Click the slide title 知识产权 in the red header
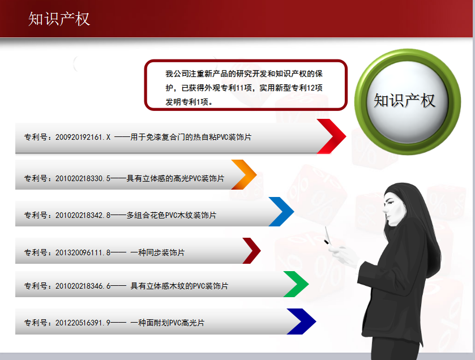(x=59, y=19)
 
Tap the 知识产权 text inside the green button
(x=404, y=101)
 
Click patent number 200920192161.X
(x=83, y=137)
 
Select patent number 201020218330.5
(x=83, y=179)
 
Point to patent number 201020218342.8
(x=83, y=215)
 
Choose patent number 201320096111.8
(x=83, y=252)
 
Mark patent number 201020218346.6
(x=83, y=286)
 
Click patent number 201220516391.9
(x=83, y=323)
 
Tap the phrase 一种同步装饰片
(x=157, y=252)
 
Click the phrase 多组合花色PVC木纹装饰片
(x=172, y=215)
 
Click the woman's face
(x=394, y=207)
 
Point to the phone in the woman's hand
(x=327, y=235)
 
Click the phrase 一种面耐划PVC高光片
(x=168, y=323)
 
